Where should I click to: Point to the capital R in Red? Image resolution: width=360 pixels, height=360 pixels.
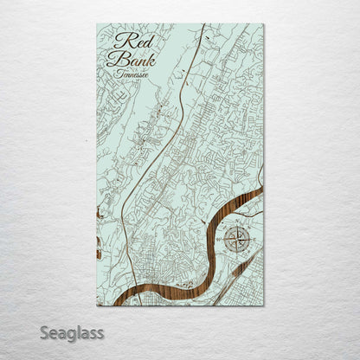119,42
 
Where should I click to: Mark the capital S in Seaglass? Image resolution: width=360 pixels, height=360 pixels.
43,332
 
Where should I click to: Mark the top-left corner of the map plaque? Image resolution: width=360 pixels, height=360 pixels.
97,23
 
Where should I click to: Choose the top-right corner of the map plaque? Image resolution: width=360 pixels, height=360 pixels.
264,23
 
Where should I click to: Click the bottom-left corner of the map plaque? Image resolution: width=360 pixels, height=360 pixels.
97,305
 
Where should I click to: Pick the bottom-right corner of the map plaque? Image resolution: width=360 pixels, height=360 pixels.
264,305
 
